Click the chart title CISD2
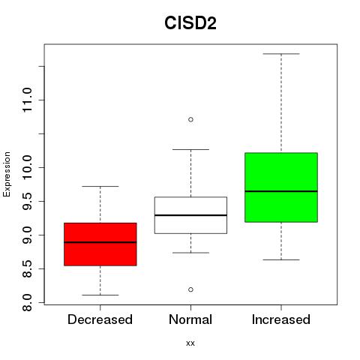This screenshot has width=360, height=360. pyautogui.click(x=190, y=23)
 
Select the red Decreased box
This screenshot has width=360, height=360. pyautogui.click(x=100, y=244)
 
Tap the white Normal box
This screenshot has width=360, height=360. pyautogui.click(x=190, y=215)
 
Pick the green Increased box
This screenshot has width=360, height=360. pyautogui.click(x=281, y=187)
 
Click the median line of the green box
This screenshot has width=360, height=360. pyautogui.click(x=281, y=191)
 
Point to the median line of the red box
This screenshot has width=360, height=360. pyautogui.click(x=100, y=242)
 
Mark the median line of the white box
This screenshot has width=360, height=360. pyautogui.click(x=190, y=215)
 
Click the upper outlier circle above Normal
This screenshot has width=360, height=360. pyautogui.click(x=190, y=119)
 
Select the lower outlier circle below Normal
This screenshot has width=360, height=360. pyautogui.click(x=190, y=289)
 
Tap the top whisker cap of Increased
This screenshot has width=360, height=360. pyautogui.click(x=281, y=54)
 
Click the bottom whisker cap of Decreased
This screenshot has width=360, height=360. pyautogui.click(x=100, y=295)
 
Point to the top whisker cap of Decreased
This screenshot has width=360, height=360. pyautogui.click(x=100, y=186)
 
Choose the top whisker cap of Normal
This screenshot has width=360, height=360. pyautogui.click(x=190, y=149)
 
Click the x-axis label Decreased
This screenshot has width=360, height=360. pyautogui.click(x=100, y=319)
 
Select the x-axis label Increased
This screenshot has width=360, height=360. pyautogui.click(x=281, y=319)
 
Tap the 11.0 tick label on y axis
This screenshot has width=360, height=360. pyautogui.click(x=27, y=100)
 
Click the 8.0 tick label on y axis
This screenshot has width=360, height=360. pyautogui.click(x=27, y=302)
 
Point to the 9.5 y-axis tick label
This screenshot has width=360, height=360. pyautogui.click(x=27, y=201)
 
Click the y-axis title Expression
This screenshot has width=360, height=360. pyautogui.click(x=7, y=174)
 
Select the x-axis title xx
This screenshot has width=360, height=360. pyautogui.click(x=190, y=343)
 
